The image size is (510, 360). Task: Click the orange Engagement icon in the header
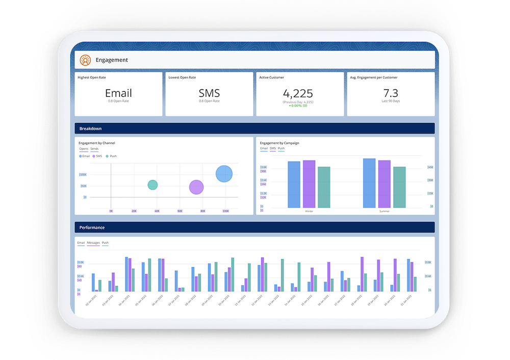tap(85, 60)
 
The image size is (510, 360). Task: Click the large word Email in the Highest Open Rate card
tap(118, 93)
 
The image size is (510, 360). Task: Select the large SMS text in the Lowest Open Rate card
tap(209, 93)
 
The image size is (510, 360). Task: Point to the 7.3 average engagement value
tap(391, 93)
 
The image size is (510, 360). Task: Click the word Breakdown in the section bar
tap(91, 128)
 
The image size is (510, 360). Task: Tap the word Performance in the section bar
tap(92, 227)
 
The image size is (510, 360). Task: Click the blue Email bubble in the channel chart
tap(224, 174)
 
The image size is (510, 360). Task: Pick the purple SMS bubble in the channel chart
tap(196, 187)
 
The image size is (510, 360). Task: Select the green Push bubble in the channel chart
tap(152, 185)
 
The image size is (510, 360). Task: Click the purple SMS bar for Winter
tap(309, 184)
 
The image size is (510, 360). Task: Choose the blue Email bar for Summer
tap(369, 183)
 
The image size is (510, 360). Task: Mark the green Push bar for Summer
tap(399, 187)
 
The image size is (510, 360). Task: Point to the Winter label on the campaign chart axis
tap(309, 211)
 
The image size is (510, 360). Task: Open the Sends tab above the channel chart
tap(94, 149)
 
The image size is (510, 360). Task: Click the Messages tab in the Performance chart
tap(93, 243)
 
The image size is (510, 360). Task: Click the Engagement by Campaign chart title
tap(279, 143)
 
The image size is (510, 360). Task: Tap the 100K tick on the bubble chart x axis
tap(225, 211)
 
